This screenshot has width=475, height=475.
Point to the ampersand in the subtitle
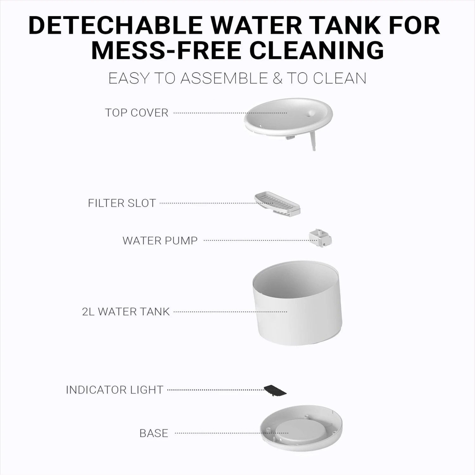point(277,78)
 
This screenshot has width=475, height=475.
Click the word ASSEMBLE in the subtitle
point(224,78)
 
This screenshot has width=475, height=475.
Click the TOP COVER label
point(136,113)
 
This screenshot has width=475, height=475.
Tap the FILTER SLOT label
point(122,203)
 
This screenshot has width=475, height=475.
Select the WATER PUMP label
point(160,240)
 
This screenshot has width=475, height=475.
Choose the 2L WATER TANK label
point(126,312)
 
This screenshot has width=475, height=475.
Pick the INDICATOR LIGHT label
point(114,389)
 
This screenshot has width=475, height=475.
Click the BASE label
point(154,433)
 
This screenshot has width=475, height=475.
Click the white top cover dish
point(288,117)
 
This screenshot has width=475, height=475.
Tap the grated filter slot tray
point(277,204)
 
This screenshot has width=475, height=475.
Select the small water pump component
point(321,238)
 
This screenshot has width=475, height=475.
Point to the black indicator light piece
point(275,390)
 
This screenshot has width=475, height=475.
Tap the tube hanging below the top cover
point(313,141)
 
